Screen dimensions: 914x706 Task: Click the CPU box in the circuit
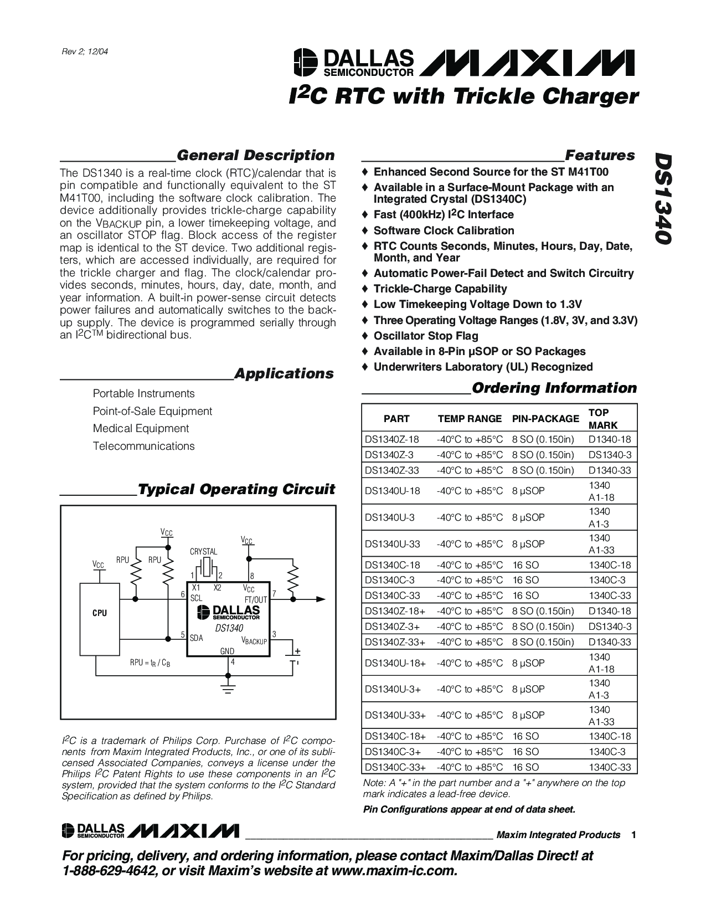100,613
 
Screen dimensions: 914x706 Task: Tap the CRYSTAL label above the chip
203,552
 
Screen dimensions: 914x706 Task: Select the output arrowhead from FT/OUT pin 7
319,599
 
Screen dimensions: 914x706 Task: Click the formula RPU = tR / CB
150,663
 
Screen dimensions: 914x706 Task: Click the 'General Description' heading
255,155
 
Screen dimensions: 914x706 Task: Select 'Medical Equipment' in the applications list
141,428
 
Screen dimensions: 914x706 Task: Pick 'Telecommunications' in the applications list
143,446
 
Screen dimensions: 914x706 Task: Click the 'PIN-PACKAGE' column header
545,419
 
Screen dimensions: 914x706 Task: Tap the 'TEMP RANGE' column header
470,419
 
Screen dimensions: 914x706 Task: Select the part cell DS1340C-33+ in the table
395,767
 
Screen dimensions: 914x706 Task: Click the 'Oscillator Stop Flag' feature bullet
425,336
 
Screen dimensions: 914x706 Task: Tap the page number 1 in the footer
633,835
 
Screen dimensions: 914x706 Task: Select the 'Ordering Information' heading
554,388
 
